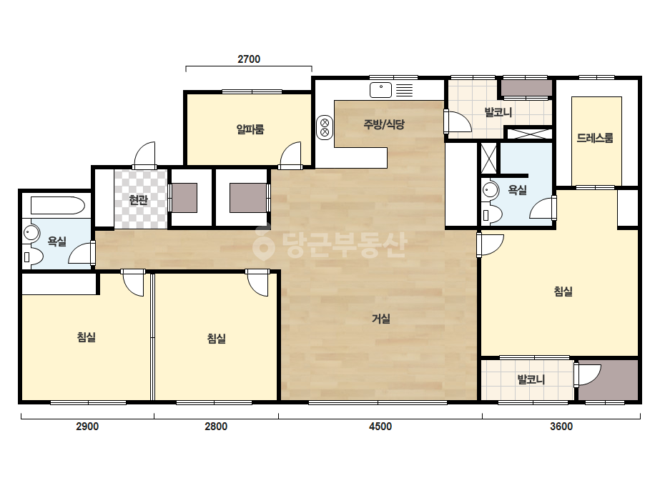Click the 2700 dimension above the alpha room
[x=249, y=59]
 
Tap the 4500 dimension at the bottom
[x=380, y=427]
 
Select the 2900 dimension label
[x=87, y=427]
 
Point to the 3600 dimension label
[x=561, y=427]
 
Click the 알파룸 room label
[x=250, y=129]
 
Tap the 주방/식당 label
[x=384, y=124]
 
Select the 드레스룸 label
[x=595, y=138]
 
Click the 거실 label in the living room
[x=381, y=319]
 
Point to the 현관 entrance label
[x=139, y=200]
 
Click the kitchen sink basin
[x=380, y=89]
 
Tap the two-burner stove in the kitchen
[x=325, y=127]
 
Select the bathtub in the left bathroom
[x=58, y=206]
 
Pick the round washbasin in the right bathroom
[x=490, y=190]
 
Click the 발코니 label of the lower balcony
[x=531, y=379]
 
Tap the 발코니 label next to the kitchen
[x=498, y=112]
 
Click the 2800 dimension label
[x=216, y=427]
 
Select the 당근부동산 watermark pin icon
[x=263, y=244]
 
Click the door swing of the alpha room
[x=290, y=154]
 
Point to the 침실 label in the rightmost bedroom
[x=563, y=291]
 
